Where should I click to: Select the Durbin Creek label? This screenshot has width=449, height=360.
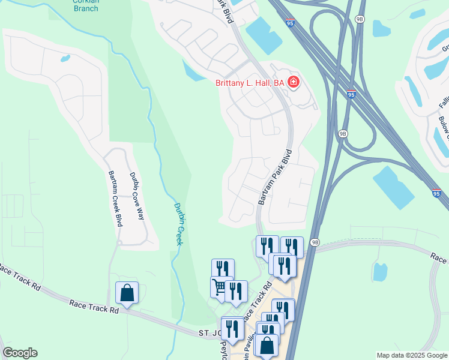[x=179, y=224]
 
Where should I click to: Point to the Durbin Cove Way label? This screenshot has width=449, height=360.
[x=138, y=196]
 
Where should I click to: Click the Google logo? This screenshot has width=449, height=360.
[x=19, y=353]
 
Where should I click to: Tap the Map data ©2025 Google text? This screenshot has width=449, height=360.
[x=411, y=356]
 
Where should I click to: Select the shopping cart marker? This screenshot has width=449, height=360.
[x=221, y=287]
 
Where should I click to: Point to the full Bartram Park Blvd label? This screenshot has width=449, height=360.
[x=274, y=177]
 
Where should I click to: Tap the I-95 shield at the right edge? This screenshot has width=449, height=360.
[x=437, y=194]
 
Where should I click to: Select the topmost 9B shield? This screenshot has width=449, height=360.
[x=360, y=19]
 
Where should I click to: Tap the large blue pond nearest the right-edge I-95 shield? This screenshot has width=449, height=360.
[x=393, y=185]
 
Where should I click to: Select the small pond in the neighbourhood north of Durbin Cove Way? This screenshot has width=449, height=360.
[x=65, y=59]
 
